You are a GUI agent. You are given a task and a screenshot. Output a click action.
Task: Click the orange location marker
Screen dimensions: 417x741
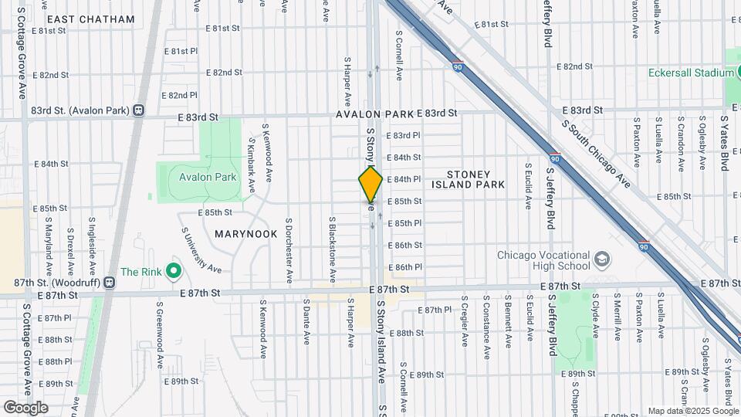coord(370,184)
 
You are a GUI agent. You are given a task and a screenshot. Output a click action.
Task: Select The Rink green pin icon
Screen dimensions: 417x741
coord(174,271)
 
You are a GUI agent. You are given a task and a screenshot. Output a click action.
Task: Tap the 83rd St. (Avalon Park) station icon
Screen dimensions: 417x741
coord(139,110)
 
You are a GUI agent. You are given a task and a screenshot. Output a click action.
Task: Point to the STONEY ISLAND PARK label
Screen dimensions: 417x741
coord(475,179)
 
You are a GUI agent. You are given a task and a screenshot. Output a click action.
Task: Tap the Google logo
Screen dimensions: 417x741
coord(25,408)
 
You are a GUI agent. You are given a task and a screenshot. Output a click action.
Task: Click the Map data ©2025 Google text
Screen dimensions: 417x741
coord(693,411)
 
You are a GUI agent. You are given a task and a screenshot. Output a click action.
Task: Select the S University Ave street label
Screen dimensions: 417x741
coord(201,249)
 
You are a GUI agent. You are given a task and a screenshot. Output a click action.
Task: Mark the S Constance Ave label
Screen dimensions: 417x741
coord(486,320)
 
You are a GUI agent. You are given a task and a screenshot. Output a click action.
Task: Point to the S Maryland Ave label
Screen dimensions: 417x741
coord(48,248)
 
